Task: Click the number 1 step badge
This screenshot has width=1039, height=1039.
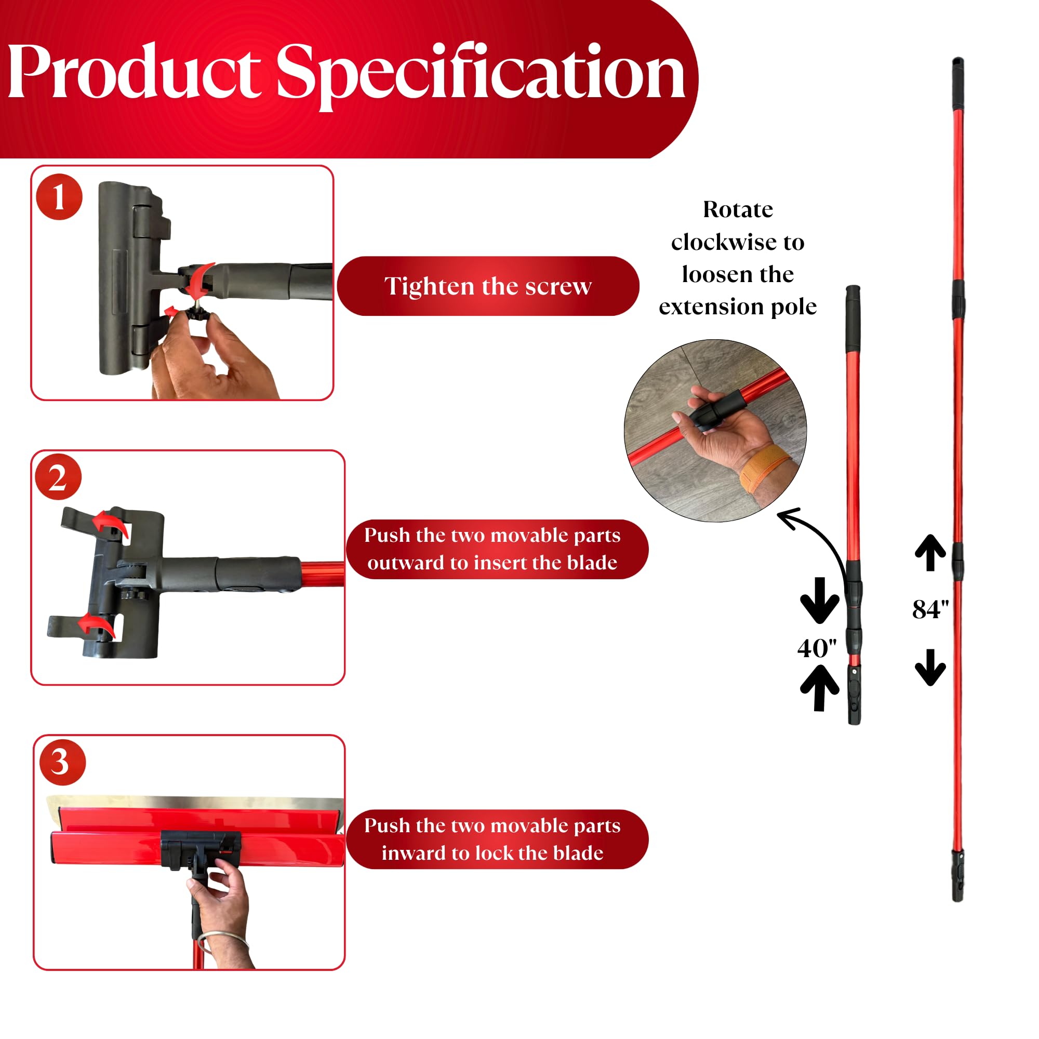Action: [59, 197]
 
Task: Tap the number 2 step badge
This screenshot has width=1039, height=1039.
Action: [58, 477]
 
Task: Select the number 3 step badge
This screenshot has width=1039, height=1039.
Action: [62, 762]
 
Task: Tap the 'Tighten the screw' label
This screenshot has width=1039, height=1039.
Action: [488, 286]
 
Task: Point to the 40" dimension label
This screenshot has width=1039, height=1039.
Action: [817, 648]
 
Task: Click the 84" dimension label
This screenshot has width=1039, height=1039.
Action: [930, 610]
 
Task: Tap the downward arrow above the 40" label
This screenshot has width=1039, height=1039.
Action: [820, 600]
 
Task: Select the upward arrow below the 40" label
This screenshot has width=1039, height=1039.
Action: [820, 688]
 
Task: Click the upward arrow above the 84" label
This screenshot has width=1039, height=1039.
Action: [930, 553]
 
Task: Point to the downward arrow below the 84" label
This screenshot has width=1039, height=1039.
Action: [930, 668]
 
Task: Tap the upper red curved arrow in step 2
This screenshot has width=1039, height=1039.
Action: [110, 524]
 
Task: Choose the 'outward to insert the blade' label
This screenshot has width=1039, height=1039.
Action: [492, 563]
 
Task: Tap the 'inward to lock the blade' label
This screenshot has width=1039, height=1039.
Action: [492, 854]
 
